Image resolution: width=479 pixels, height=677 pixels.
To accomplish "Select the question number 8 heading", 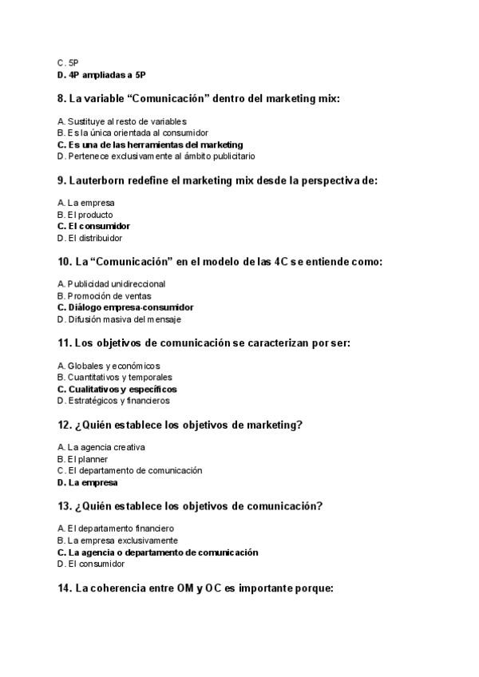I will pyautogui.click(x=204, y=98).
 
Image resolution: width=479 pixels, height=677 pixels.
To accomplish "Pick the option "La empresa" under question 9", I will pyautogui.click(x=91, y=203).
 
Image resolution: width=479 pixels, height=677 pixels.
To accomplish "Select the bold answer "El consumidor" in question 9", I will pyautogui.click(x=99, y=226).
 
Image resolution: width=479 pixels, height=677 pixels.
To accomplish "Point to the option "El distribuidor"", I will pyautogui.click(x=95, y=238).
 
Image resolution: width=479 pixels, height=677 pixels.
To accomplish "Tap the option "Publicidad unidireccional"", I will pyautogui.click(x=117, y=283).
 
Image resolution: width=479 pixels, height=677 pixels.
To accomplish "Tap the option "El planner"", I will pyautogui.click(x=88, y=459).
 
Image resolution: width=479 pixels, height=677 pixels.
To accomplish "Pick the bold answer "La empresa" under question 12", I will pyautogui.click(x=93, y=482).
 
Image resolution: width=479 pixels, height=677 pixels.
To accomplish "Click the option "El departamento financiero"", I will pyautogui.click(x=121, y=529).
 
